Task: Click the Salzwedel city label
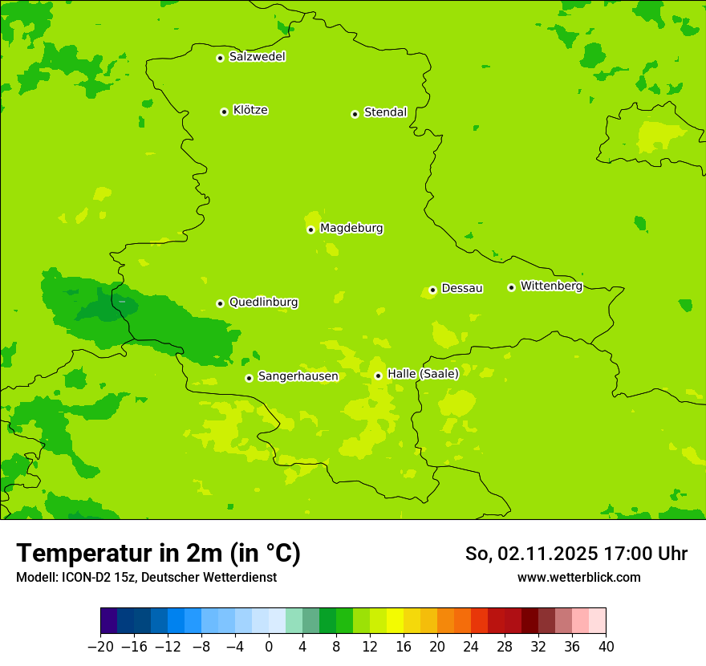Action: coord(257,57)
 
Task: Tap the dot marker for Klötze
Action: coord(224,112)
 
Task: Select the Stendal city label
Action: coord(385,112)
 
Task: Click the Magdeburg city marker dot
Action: coord(310,229)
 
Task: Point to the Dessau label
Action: coord(462,288)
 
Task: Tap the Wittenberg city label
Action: coord(551,286)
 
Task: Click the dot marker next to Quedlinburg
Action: coord(220,303)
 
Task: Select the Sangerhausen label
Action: coord(298,376)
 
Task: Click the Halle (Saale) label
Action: coord(423,374)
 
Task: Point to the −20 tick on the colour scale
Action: coord(100,647)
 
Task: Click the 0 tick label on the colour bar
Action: coord(269,647)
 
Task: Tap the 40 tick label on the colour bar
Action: coord(606,647)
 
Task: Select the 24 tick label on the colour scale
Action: coord(471,647)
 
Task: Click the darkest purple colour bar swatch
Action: coord(108,621)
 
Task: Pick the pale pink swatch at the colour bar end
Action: coord(598,621)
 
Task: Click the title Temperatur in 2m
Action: coord(158,554)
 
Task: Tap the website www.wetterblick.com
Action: coord(578,577)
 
